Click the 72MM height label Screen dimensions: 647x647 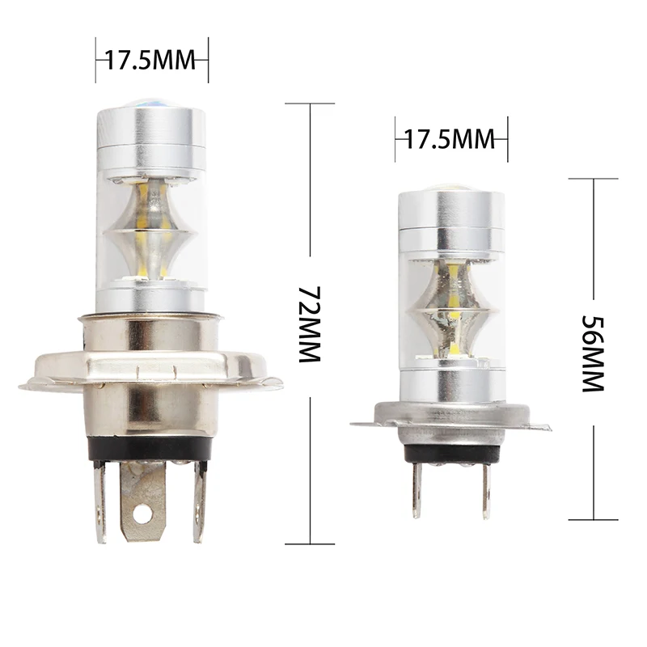tap(310, 324)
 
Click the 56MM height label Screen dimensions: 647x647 tap(593, 353)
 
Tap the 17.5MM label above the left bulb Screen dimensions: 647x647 tap(150, 60)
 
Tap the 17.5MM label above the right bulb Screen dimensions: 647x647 tap(450, 139)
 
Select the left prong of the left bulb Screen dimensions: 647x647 tap(99, 502)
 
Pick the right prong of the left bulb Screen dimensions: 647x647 tap(199, 501)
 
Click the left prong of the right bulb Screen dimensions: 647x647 tap(417, 490)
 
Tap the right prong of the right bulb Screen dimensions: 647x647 tap(488, 491)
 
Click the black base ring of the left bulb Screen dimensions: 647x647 tap(150, 449)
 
